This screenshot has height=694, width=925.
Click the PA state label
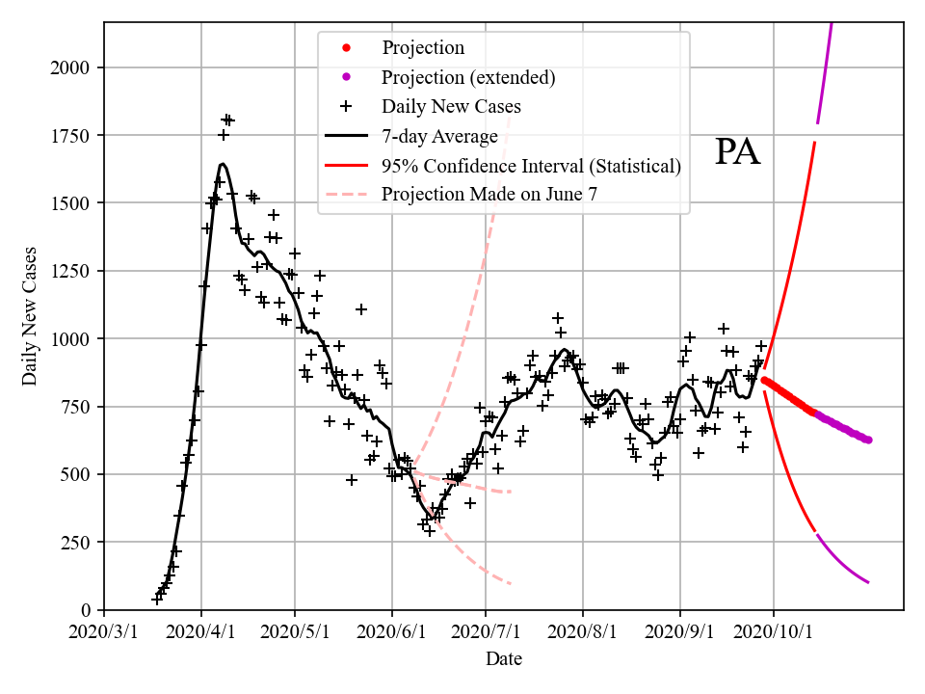(738, 152)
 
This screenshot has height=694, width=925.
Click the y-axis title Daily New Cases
(30, 315)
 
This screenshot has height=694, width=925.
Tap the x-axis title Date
(504, 659)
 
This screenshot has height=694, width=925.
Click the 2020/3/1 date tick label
(104, 632)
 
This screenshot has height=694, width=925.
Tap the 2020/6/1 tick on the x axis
(391, 632)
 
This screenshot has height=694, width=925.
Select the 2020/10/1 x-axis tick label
(774, 632)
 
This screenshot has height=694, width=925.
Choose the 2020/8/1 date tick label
(583, 632)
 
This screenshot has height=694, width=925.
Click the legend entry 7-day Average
(439, 136)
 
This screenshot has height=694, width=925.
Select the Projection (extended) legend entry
(468, 77)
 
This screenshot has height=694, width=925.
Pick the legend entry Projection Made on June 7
(489, 195)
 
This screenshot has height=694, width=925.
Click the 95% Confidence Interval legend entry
(531, 166)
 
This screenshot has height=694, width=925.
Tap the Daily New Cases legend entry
(451, 106)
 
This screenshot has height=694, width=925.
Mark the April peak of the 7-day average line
(222, 164)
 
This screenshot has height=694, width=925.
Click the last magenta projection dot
(868, 440)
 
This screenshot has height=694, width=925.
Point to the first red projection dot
(764, 380)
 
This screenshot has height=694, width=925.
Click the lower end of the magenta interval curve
(868, 582)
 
